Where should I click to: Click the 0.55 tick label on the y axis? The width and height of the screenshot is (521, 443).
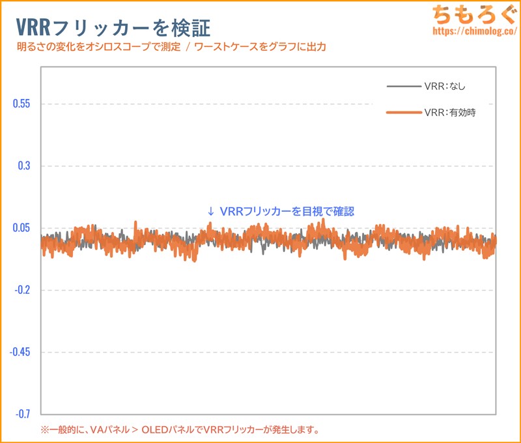point(21,104)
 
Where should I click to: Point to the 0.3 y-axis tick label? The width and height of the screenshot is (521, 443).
point(23,166)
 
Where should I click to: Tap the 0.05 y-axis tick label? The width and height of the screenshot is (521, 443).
point(21,228)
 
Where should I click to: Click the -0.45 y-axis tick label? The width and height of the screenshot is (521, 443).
point(20,352)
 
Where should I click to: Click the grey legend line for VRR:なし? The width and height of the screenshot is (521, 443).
point(403,86)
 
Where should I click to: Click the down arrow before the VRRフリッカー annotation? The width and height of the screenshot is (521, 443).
point(210,212)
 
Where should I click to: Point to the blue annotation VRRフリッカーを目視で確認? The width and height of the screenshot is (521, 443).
point(287,212)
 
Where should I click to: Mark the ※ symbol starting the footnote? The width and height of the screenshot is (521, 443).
point(45,430)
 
